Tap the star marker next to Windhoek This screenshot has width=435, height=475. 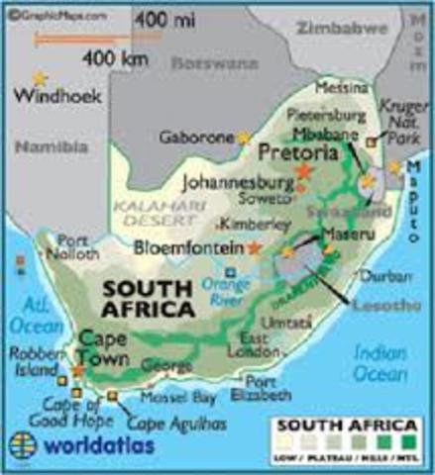pyautogui.click(x=40, y=77)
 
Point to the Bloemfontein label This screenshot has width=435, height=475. pyautogui.click(x=188, y=246)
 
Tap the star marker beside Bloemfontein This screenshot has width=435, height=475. pyautogui.click(x=255, y=247)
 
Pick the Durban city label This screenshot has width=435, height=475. pyautogui.click(x=378, y=277)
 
